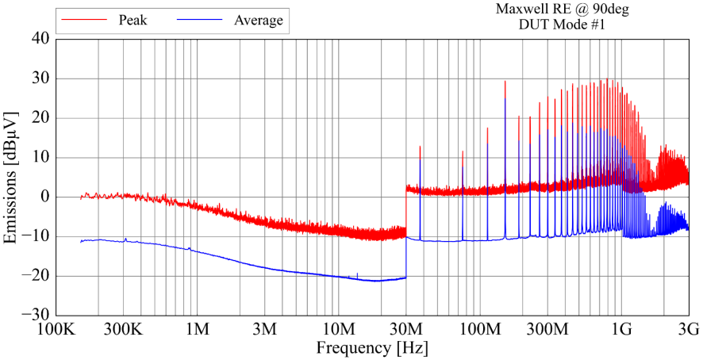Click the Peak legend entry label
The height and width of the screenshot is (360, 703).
coord(133,21)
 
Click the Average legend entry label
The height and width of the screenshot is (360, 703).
coord(258,21)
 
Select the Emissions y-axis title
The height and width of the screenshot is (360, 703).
coord(12,177)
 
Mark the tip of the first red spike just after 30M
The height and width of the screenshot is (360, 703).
coord(421,147)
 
